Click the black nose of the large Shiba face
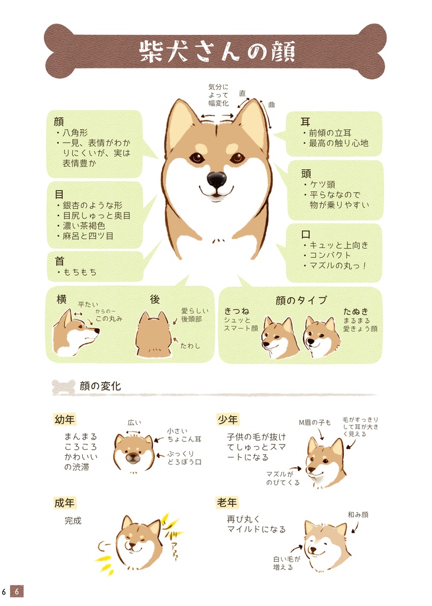pyautogui.click(x=216, y=179)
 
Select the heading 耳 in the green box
pyautogui.click(x=305, y=121)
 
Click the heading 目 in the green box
pyautogui.click(x=59, y=194)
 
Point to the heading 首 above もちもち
pyautogui.click(x=59, y=260)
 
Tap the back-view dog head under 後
pyautogui.click(x=154, y=336)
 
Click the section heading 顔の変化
pyautogui.click(x=100, y=386)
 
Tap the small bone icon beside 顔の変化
pyautogui.click(x=63, y=387)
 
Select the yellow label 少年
pyautogui.click(x=228, y=420)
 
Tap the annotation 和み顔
pyautogui.click(x=357, y=515)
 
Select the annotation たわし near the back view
pyautogui.click(x=189, y=345)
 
